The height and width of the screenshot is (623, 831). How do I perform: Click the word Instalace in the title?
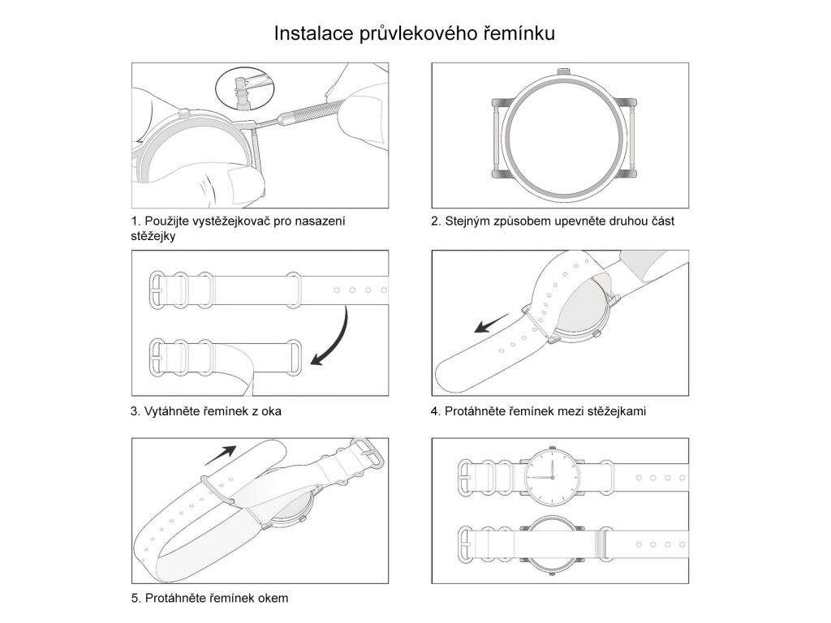[312, 34]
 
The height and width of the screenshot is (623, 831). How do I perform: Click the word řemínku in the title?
[519, 35]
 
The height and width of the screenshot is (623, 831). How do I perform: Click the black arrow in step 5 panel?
[220, 454]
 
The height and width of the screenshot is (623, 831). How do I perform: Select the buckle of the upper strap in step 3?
[159, 288]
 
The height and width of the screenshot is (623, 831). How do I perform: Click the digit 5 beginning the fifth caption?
[134, 599]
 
